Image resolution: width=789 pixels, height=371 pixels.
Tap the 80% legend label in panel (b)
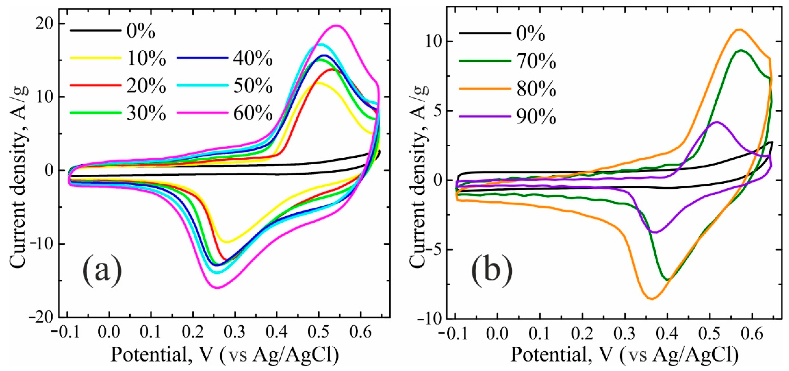(536, 89)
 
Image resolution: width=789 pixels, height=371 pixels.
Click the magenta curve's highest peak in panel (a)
(336, 26)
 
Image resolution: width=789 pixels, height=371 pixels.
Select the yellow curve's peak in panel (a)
(319, 83)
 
